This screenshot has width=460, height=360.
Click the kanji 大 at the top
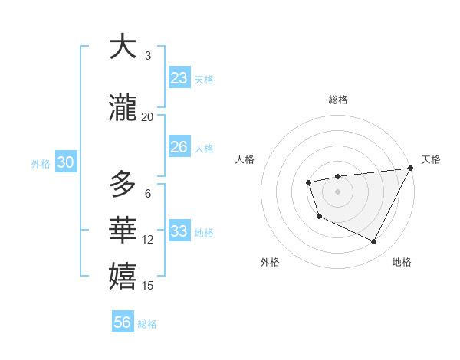point(123,47)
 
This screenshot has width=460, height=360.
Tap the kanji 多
point(123,184)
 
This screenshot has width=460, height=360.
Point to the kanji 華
point(123,231)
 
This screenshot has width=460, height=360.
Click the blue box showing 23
point(179,78)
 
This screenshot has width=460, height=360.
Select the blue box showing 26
point(179,147)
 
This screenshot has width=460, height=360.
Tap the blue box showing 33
point(179,231)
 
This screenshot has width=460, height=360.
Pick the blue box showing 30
point(65,162)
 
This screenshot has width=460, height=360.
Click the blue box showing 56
point(123,322)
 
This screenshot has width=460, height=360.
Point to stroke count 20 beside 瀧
point(148,116)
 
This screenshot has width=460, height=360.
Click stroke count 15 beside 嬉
point(148,286)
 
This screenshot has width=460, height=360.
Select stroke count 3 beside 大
point(148,55)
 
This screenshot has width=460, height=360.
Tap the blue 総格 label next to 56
point(147,324)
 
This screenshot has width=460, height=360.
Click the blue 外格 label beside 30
point(41,164)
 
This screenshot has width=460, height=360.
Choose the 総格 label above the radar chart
point(337,100)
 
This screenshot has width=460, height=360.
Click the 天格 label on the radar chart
point(431,159)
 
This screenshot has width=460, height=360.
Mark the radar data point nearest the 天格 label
point(411,168)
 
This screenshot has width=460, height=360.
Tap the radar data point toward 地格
point(374,242)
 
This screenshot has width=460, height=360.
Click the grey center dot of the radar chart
point(337,191)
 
